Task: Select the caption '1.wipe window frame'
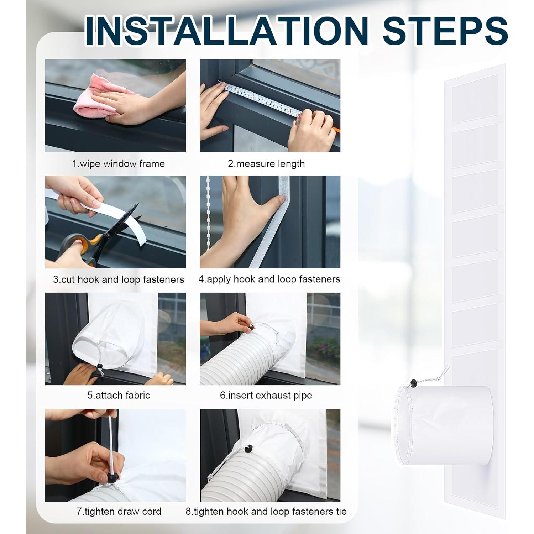pos(119,164)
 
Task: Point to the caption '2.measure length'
pos(266,164)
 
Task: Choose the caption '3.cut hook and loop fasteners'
pos(119,279)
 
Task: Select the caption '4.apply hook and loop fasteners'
pos(269,279)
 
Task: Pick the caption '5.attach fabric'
pos(119,395)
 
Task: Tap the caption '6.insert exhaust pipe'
pos(266,395)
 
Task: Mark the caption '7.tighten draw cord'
pos(119,512)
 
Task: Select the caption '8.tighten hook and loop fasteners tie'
pos(266,512)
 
